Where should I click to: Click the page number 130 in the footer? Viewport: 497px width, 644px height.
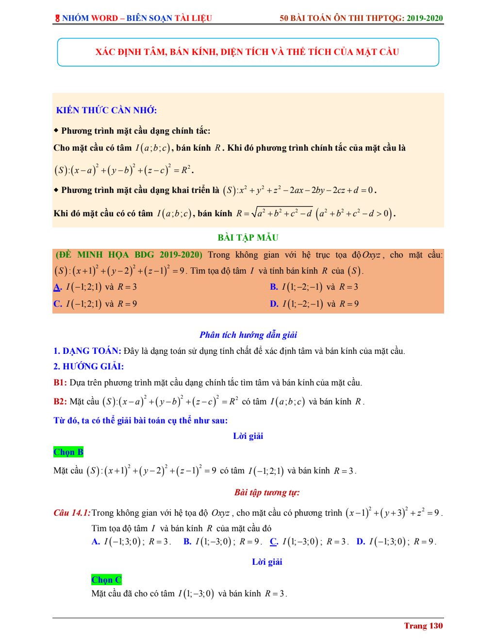(x=436, y=626)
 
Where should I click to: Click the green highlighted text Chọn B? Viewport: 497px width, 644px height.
(x=68, y=452)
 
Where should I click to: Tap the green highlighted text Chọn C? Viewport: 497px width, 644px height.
(x=106, y=580)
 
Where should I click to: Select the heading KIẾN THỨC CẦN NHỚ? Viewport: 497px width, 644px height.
(x=106, y=110)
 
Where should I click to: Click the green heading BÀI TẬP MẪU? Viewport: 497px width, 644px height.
(x=248, y=238)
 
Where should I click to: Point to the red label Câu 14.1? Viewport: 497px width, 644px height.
(x=72, y=513)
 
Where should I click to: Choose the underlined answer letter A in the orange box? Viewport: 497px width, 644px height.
(x=57, y=287)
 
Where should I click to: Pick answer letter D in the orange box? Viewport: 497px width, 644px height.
(x=274, y=304)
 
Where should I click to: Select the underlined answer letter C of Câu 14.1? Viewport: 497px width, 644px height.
(x=274, y=541)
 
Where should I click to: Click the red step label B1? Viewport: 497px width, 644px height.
(x=60, y=383)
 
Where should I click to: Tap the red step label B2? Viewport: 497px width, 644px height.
(x=60, y=401)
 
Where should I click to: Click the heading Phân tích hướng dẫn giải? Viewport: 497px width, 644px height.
(x=248, y=335)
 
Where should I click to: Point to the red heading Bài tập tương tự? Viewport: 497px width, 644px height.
(x=267, y=492)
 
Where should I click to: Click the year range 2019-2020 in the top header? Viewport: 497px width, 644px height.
(x=425, y=18)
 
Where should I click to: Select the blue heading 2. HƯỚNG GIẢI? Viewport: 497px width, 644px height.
(x=88, y=366)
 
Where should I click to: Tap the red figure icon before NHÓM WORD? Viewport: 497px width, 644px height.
(x=57, y=18)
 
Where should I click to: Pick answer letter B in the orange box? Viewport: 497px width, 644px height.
(x=274, y=287)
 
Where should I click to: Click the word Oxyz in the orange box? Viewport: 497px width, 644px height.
(x=371, y=255)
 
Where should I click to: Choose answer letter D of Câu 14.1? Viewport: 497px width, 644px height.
(x=361, y=541)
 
